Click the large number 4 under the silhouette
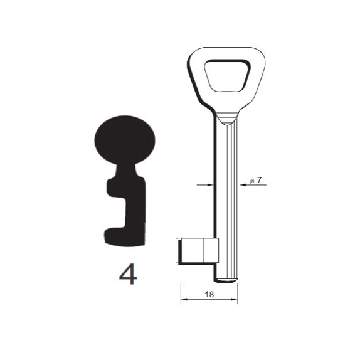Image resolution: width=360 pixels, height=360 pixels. tap(128, 273)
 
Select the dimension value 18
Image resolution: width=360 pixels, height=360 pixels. tap(209, 294)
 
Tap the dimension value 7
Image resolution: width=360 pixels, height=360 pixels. tap(259, 180)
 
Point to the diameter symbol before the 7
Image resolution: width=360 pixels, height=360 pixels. tap(252, 181)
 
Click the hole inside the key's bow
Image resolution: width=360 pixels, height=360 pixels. tap(227, 75)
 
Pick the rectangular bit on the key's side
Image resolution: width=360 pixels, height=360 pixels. tap(199, 250)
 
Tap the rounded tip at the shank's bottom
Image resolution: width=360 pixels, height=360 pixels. tap(226, 281)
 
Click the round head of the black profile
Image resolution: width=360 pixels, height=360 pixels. tap(125, 140)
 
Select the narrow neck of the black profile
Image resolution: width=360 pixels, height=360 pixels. tap(126, 171)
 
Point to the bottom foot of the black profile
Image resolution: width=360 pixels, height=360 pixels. tap(124, 237)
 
